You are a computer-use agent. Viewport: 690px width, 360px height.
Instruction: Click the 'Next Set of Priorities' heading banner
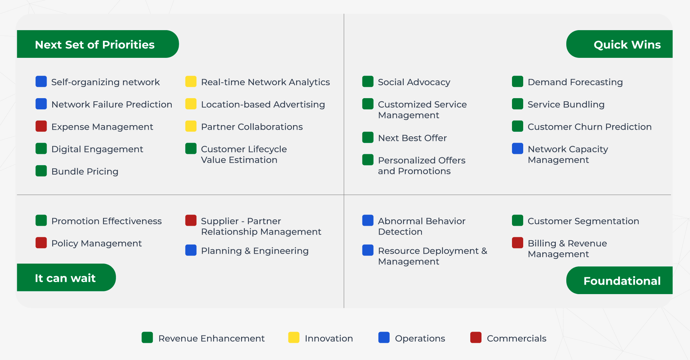click(x=98, y=44)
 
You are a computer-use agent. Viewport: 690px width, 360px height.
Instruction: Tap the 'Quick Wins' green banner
click(x=619, y=44)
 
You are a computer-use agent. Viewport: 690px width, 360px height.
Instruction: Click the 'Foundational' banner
click(x=619, y=280)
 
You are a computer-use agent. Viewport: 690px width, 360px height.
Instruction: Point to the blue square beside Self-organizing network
click(x=41, y=81)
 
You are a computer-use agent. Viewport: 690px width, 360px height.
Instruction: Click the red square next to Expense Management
click(x=41, y=126)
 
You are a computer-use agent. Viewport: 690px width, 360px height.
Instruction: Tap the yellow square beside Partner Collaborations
click(x=191, y=126)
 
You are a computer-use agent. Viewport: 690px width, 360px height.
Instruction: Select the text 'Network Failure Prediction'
click(x=112, y=104)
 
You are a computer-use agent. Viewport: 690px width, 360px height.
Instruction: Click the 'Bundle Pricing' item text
click(x=85, y=171)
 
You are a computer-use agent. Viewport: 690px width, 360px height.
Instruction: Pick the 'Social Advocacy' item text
click(x=414, y=82)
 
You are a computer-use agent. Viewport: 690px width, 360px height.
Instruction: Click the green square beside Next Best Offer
click(x=368, y=137)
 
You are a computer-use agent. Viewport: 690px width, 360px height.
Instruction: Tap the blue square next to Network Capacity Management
click(x=517, y=149)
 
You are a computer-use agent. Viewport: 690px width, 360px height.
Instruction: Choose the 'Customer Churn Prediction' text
click(x=589, y=127)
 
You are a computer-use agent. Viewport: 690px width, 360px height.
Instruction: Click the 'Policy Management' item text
click(x=96, y=243)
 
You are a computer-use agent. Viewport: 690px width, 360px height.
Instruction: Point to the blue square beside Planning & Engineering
click(x=191, y=250)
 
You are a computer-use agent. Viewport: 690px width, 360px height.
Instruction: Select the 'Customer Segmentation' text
click(x=583, y=221)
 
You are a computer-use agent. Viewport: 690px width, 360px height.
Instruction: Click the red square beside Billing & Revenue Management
click(x=517, y=243)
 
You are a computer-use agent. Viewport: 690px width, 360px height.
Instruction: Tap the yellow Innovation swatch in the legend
click(x=294, y=337)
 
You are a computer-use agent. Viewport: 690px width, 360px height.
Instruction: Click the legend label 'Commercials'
click(x=517, y=338)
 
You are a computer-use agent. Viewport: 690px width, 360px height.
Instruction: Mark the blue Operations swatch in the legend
click(x=384, y=337)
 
